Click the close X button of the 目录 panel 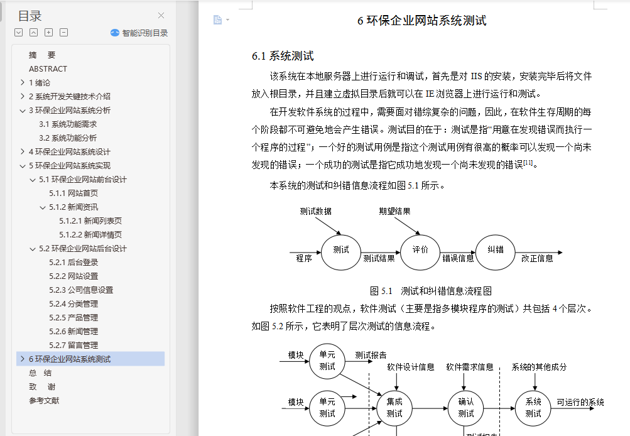pos(161,16)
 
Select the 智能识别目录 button pos(139,33)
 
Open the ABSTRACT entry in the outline pos(48,68)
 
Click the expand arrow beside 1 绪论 pos(23,82)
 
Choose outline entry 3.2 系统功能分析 pos(68,138)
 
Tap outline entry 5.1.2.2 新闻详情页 pos(90,235)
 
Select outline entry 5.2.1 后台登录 pos(73,263)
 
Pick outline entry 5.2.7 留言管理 pos(73,345)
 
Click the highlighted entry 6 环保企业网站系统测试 pos(70,359)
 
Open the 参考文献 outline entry pos(44,401)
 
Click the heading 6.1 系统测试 pos(283,56)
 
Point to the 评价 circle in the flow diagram pos(420,253)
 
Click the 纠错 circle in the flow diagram pos(496,253)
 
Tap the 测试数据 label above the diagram pos(316,211)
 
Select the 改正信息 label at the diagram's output pos(537,258)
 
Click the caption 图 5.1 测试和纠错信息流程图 pos(431,291)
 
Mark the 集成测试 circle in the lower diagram pos(394,408)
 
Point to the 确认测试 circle pos(466,408)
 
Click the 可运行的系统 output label pos(580,402)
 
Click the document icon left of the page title pos(217,19)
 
